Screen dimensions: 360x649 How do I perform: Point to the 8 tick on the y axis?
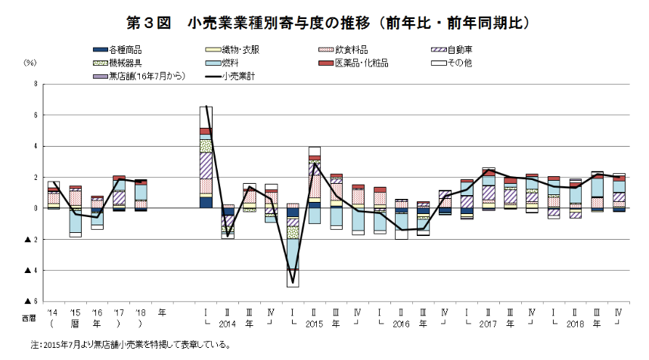point(35,85)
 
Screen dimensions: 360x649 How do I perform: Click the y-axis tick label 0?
point(35,208)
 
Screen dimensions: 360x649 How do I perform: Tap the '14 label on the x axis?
point(51,311)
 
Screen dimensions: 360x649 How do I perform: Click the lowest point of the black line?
point(293,283)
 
